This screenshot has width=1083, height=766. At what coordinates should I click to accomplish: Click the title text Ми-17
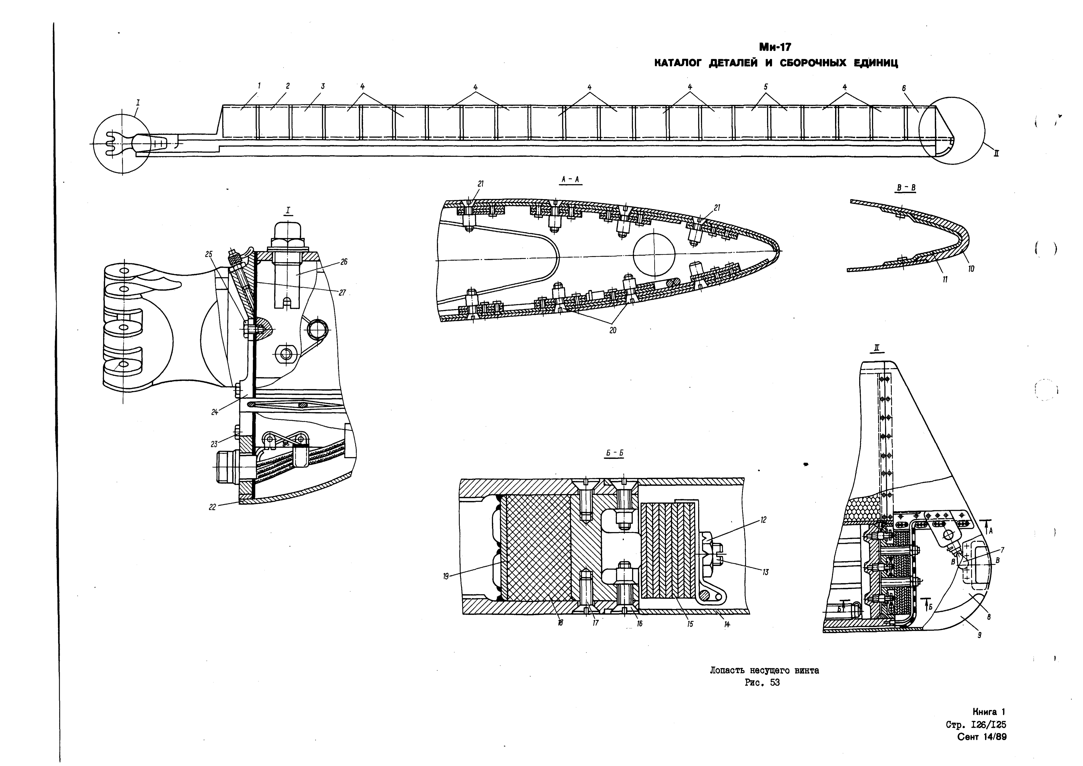point(776,47)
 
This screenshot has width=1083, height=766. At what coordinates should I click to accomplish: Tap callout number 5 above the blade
point(766,87)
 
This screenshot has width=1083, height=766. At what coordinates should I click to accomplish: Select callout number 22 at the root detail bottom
point(213,507)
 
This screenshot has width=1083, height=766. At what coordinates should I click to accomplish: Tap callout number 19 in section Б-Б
point(446,576)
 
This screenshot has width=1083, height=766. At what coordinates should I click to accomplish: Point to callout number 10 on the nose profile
point(971,269)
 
